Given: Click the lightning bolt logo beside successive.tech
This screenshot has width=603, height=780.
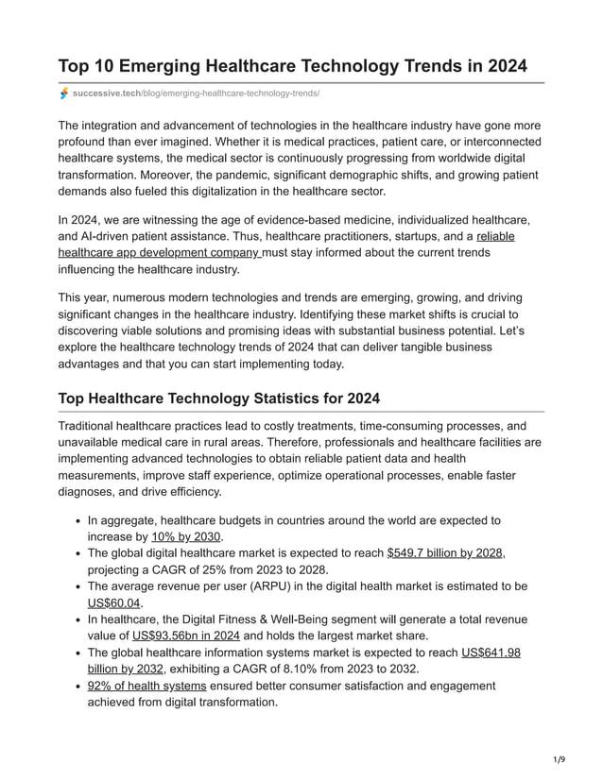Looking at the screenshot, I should [x=64, y=93].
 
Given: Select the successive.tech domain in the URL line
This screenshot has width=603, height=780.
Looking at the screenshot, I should [x=107, y=93].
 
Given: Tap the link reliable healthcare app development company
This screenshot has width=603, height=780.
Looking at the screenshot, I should [x=159, y=253].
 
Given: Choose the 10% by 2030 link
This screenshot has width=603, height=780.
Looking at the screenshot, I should [x=186, y=537].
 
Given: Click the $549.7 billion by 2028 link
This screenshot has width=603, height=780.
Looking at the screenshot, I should [x=445, y=553].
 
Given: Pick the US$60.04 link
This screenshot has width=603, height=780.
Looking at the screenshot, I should [x=114, y=602].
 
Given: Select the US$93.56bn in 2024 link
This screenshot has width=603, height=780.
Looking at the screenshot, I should [x=186, y=636].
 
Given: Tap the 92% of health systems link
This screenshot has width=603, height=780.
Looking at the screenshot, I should [x=146, y=685].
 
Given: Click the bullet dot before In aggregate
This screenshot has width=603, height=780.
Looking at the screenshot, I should [x=76, y=521].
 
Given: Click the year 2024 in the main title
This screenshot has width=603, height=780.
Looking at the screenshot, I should [x=502, y=66].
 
